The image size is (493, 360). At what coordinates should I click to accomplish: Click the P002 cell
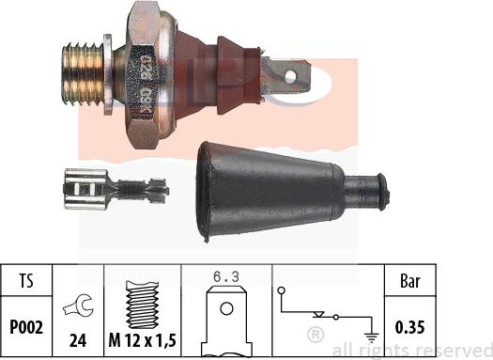(27, 327)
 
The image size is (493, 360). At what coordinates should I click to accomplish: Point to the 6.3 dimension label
(225, 276)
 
